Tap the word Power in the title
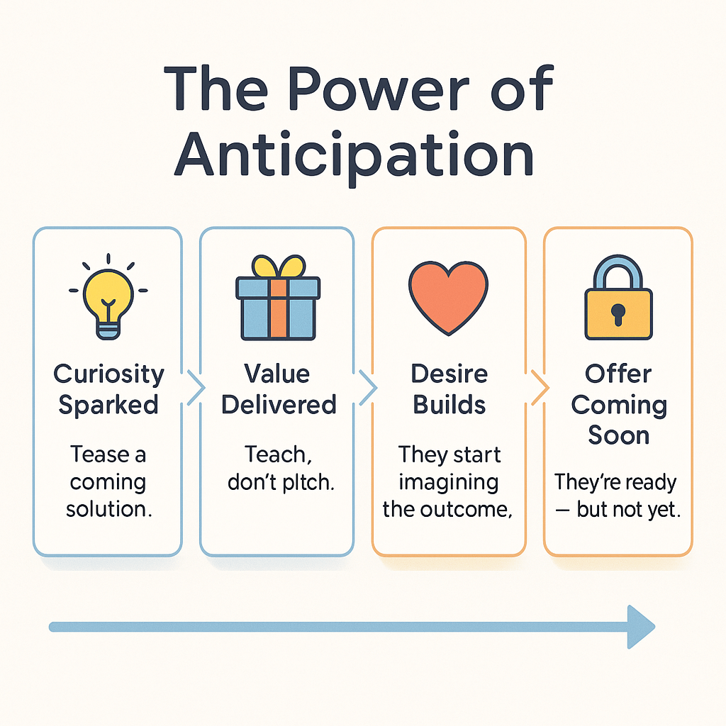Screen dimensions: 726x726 click(x=379, y=88)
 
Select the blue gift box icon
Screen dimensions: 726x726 click(x=278, y=298)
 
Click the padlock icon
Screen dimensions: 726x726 click(x=618, y=297)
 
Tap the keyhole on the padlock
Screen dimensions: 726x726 click(x=618, y=314)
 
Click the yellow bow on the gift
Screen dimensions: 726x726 click(x=278, y=267)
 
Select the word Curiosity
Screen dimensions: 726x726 click(x=108, y=375)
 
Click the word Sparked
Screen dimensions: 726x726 click(x=108, y=406)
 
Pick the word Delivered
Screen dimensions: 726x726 click(x=279, y=405)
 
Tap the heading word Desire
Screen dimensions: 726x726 click(x=449, y=374)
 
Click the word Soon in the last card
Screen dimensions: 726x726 click(x=618, y=435)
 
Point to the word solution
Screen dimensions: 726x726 click(x=108, y=509)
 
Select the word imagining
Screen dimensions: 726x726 click(x=449, y=483)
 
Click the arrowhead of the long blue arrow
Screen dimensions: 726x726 click(x=641, y=627)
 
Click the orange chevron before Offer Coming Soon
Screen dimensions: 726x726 click(x=540, y=388)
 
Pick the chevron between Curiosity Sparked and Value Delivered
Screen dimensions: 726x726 click(x=196, y=388)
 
